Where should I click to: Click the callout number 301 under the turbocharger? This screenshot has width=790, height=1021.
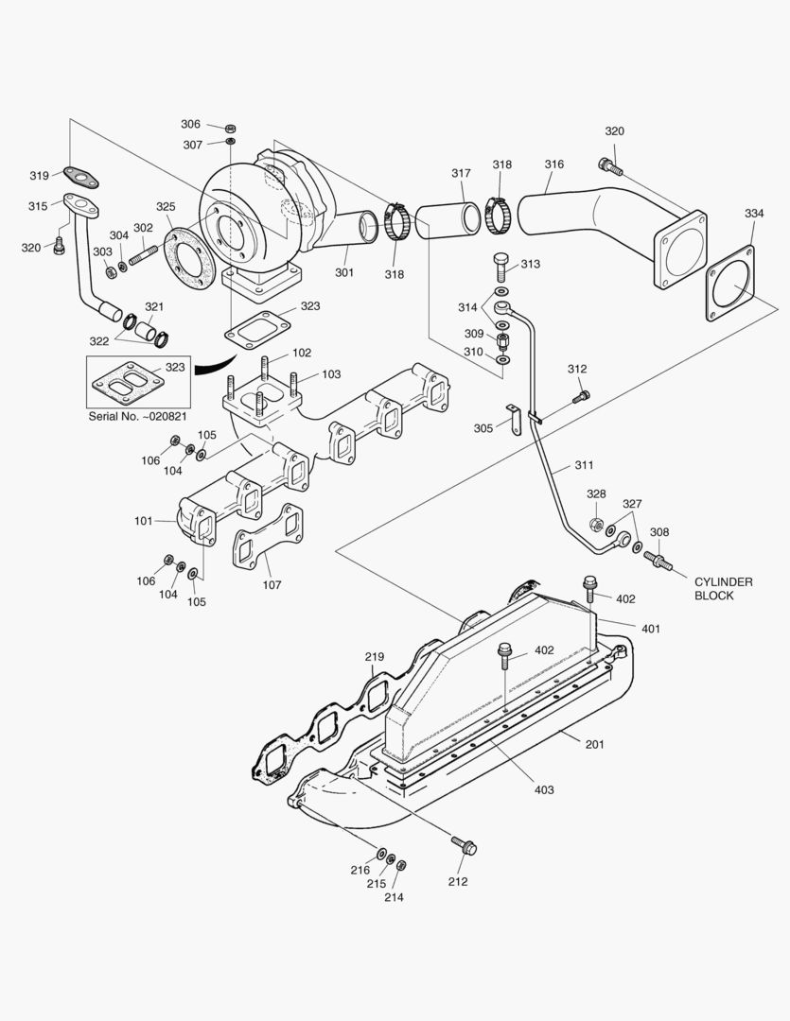(343, 273)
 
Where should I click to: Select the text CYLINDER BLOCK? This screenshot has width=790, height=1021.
(723, 589)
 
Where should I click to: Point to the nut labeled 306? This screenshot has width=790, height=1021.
(231, 126)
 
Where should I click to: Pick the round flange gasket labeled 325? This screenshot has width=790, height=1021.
(189, 255)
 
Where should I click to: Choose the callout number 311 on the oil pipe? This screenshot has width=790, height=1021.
(584, 466)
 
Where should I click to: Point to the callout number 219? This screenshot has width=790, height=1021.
(374, 657)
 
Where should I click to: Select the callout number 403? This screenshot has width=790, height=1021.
(543, 789)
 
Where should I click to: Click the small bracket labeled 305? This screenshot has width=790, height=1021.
(514, 419)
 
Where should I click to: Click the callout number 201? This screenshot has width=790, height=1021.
(593, 744)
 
